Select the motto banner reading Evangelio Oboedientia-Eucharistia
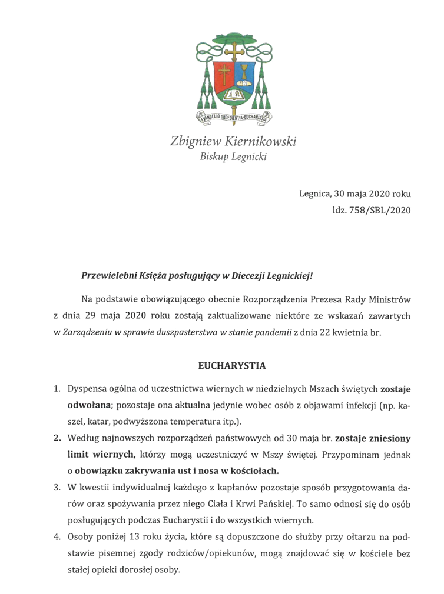coord(234,116)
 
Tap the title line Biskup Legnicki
coord(233,157)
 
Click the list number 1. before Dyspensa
coord(58,389)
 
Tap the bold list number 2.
coord(58,439)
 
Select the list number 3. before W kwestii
coord(58,488)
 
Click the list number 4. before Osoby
coord(58,537)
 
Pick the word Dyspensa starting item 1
coord(88,389)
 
